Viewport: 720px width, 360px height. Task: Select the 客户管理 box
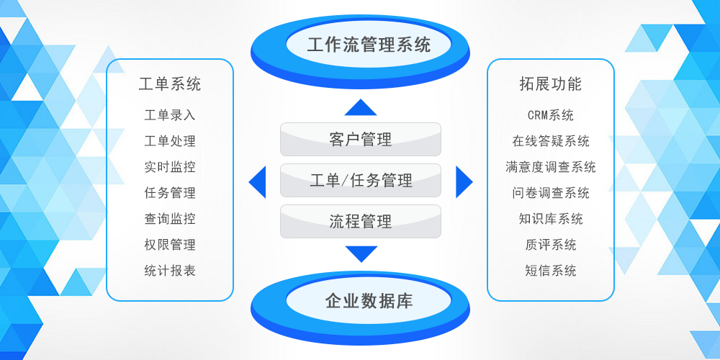pyautogui.click(x=360, y=140)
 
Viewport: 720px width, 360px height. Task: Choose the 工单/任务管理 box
pyautogui.click(x=360, y=181)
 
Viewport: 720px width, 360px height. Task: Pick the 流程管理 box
pyautogui.click(x=360, y=222)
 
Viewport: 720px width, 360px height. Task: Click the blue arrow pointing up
pyautogui.click(x=361, y=108)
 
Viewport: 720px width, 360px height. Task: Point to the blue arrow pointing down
pyautogui.click(x=361, y=253)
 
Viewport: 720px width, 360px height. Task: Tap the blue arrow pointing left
pyautogui.click(x=258, y=181)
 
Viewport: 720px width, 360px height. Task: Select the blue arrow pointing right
pyautogui.click(x=464, y=181)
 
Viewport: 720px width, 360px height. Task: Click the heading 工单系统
pyautogui.click(x=170, y=84)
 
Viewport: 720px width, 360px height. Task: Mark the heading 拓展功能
pyautogui.click(x=551, y=84)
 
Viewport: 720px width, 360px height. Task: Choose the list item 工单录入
pyautogui.click(x=170, y=115)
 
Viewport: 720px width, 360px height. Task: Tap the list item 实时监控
pyautogui.click(x=170, y=167)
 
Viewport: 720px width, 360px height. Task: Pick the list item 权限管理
pyautogui.click(x=170, y=245)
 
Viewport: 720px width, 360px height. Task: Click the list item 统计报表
pyautogui.click(x=170, y=271)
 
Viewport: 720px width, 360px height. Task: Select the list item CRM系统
pyautogui.click(x=551, y=115)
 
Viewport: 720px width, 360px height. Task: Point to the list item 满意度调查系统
pyautogui.click(x=551, y=167)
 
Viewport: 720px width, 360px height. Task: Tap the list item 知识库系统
pyautogui.click(x=551, y=219)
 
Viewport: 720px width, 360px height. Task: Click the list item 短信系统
pyautogui.click(x=551, y=271)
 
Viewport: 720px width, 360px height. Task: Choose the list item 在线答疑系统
pyautogui.click(x=551, y=141)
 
